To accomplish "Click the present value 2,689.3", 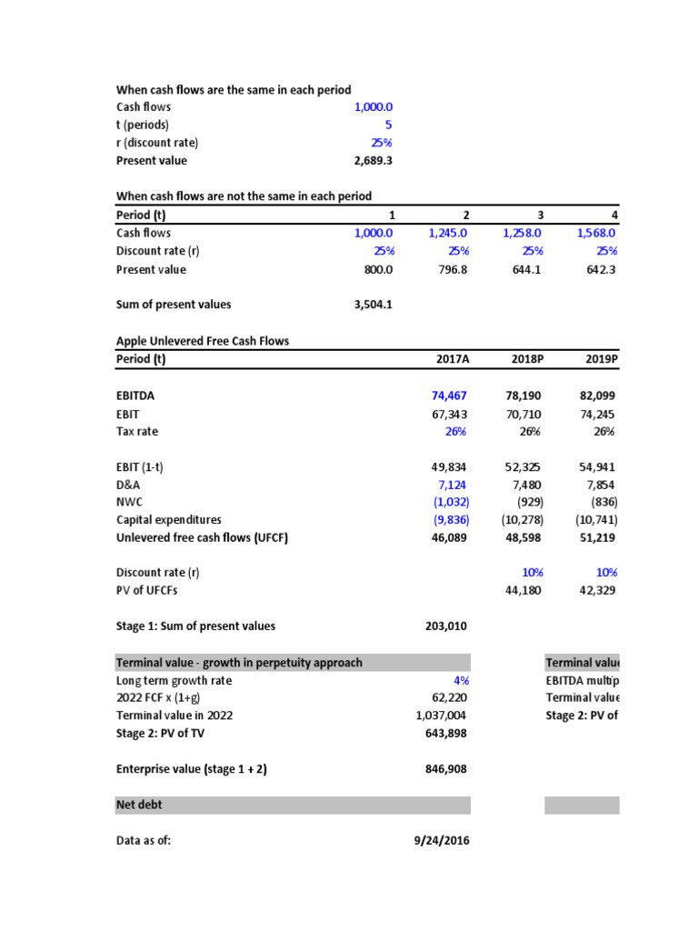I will [x=373, y=161].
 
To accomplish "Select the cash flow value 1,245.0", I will [x=448, y=233].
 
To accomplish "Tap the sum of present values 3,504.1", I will [x=373, y=305].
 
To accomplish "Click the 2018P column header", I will [x=523, y=359].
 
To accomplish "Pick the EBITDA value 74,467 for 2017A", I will [x=450, y=395].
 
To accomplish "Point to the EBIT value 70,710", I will [x=523, y=414].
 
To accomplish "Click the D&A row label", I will [x=129, y=485].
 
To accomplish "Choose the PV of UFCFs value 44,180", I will [x=523, y=590].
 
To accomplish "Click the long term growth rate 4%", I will [x=461, y=680].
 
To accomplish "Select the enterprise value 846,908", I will [x=447, y=769].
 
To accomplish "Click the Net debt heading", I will [x=140, y=805].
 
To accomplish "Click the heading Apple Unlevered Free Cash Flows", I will [x=203, y=341].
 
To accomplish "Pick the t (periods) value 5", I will [x=388, y=125].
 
